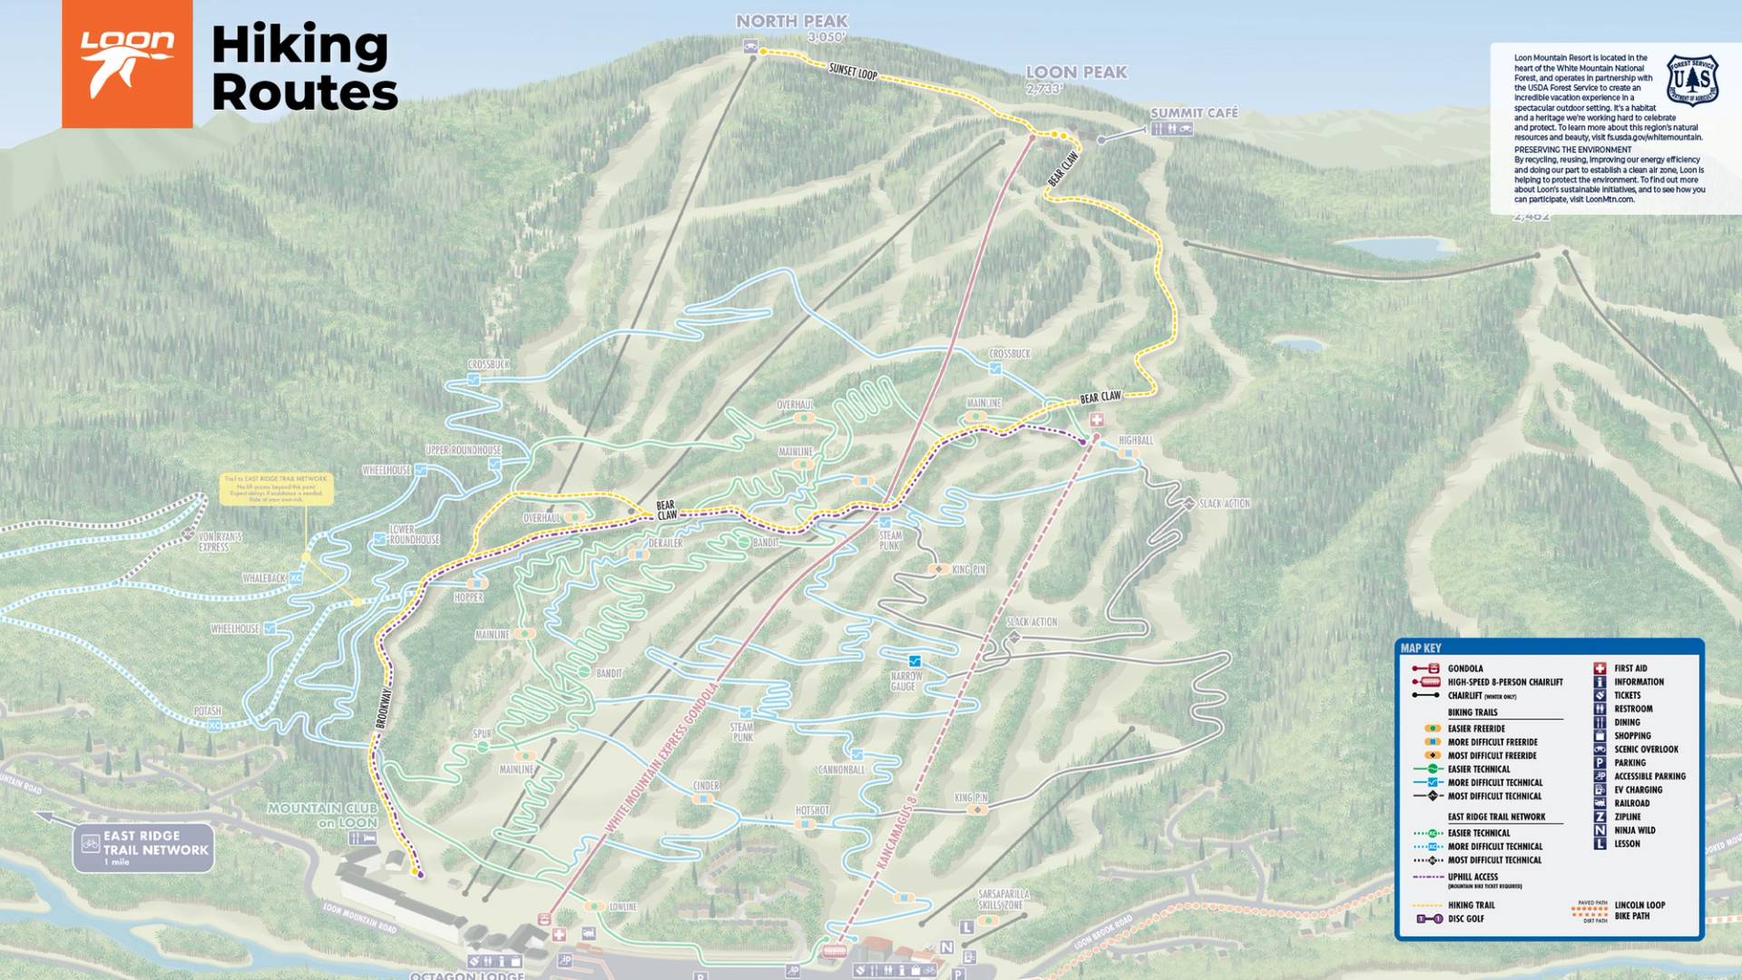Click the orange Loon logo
point(127,64)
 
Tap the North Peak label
point(791,21)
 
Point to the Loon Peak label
point(1076,72)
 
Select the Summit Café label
point(1193,113)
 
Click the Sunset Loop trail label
point(853,70)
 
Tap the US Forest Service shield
point(1692,80)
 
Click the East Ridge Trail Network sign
point(143,848)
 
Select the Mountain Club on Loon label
point(322,815)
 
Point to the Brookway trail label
point(383,708)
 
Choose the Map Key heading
point(1420,648)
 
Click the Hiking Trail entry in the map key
point(1471,905)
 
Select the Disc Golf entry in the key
point(1465,918)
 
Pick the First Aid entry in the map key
point(1629,668)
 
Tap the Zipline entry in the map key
point(1627,817)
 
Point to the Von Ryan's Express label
point(220,542)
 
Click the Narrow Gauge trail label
point(905,681)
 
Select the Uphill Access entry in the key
point(1472,877)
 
